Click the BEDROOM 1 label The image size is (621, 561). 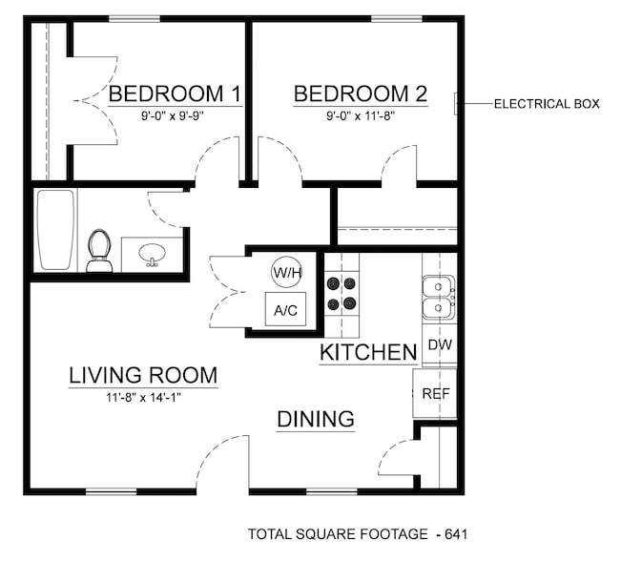(x=174, y=94)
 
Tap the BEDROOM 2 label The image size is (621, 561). (x=360, y=94)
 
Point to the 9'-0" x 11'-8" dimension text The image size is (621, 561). (x=361, y=115)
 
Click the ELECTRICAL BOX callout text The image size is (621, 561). (x=546, y=104)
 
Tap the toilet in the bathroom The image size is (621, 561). (x=98, y=251)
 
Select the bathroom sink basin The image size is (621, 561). (x=152, y=255)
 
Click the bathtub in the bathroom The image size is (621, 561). (x=55, y=230)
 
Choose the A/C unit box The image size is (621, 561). (x=285, y=309)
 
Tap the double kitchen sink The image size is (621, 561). (x=438, y=297)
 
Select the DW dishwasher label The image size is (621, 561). (x=439, y=345)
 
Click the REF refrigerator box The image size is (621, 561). (x=435, y=392)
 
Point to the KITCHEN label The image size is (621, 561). (x=368, y=353)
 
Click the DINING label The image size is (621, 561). (x=316, y=419)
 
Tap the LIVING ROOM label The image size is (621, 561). (x=143, y=376)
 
